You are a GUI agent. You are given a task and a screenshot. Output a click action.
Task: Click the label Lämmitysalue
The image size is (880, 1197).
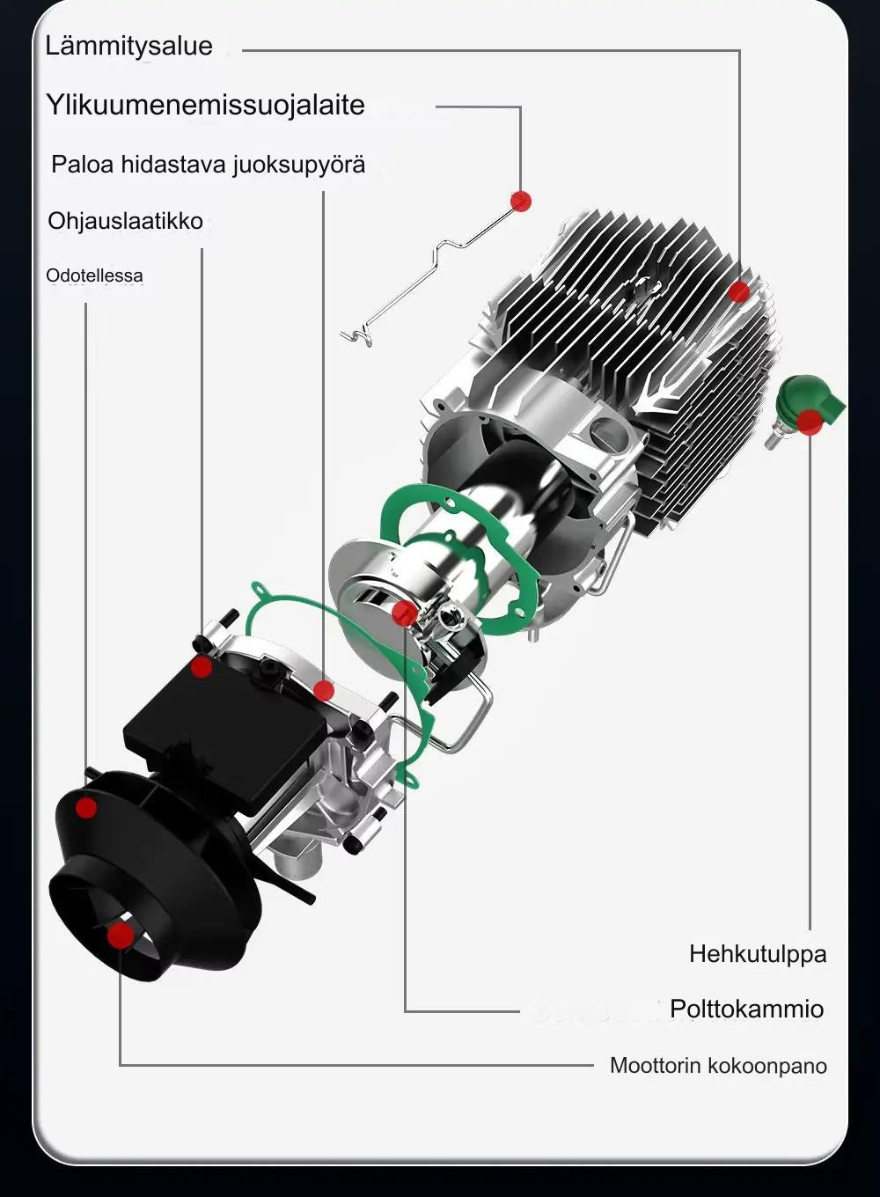tap(128, 46)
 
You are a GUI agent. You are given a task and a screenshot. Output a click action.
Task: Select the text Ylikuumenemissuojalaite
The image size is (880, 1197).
tap(205, 105)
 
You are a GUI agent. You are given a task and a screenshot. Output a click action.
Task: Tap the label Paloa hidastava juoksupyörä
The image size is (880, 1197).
tap(208, 165)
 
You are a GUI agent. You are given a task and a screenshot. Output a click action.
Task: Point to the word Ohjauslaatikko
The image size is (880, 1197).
tap(125, 221)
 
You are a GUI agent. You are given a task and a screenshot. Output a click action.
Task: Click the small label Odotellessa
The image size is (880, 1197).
tap(94, 275)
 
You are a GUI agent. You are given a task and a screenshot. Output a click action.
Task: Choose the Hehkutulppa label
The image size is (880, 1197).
tap(757, 954)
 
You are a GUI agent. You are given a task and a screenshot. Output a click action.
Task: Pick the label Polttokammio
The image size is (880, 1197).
tap(746, 1009)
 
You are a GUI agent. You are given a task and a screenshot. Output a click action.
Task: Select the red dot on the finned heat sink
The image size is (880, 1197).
tap(739, 292)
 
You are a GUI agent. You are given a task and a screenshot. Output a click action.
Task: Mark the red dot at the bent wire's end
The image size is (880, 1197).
tap(521, 201)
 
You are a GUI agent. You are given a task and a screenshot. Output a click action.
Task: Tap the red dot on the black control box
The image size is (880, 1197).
tap(202, 666)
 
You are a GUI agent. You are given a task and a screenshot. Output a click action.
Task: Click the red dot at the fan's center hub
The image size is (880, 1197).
tap(120, 935)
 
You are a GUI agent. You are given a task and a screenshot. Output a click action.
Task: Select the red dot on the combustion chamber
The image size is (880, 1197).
tap(404, 613)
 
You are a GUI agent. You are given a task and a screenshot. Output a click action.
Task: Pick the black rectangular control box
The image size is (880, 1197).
tap(220, 731)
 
